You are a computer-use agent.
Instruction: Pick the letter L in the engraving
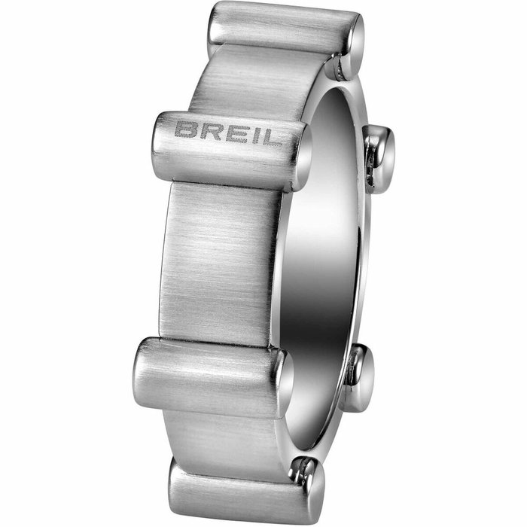267,137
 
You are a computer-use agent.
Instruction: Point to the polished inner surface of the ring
324,248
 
